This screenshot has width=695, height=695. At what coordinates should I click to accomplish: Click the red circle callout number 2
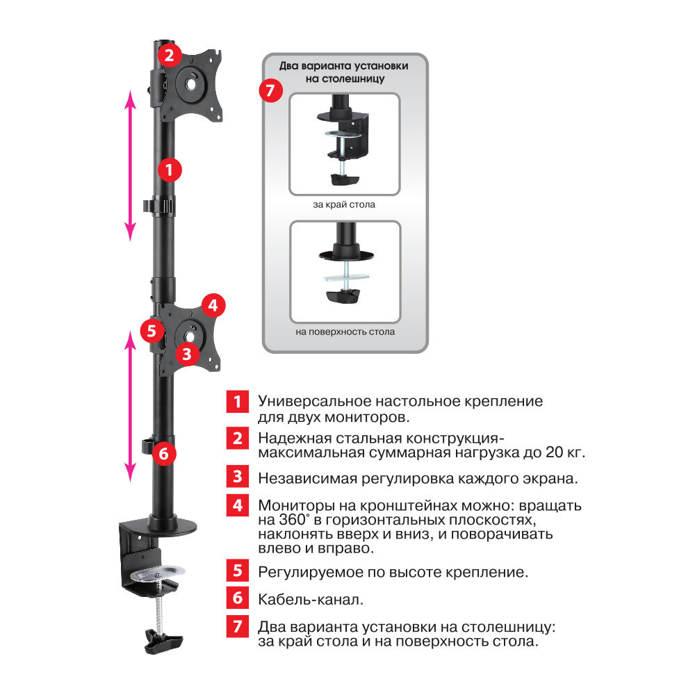coord(169,55)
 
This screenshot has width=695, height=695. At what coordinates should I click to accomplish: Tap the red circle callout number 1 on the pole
coord(170,170)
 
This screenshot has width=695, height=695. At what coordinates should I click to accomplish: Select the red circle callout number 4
coord(213,305)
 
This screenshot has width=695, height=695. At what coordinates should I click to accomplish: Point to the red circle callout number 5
coord(152,331)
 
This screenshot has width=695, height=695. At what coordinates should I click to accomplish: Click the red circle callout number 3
coord(187,354)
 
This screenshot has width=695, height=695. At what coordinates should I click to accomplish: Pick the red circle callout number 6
coord(164,453)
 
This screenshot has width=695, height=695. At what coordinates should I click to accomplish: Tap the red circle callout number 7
coord(271,90)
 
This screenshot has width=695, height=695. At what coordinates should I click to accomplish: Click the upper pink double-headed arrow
coord(130,166)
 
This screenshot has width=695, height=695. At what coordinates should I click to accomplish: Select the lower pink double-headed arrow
coord(130,406)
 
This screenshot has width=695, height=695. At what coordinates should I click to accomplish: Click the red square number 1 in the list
coord(238,402)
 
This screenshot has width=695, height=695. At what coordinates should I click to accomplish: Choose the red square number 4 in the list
coord(238,505)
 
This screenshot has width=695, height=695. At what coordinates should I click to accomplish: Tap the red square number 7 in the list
coord(238,626)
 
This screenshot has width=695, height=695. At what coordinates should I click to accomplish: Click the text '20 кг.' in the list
coord(565,452)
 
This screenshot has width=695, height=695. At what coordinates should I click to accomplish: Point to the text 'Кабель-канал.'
coord(311,600)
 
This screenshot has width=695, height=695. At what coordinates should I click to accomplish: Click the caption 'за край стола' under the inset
coord(344,205)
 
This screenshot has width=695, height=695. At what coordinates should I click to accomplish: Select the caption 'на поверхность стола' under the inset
coord(345,332)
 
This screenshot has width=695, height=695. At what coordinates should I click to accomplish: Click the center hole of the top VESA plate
coord(191,83)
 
